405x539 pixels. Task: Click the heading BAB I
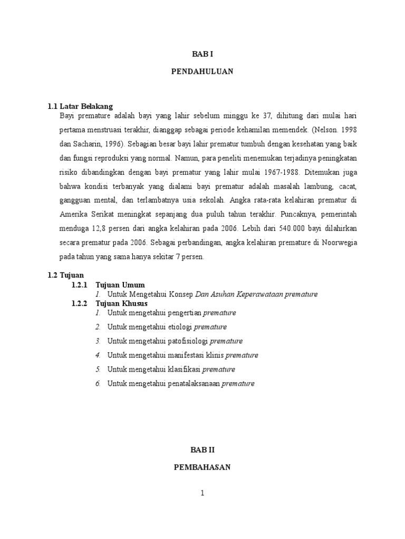(x=202, y=54)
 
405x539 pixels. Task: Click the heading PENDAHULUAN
(x=202, y=72)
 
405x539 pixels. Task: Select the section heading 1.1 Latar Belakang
(x=80, y=106)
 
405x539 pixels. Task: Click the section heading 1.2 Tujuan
(x=62, y=275)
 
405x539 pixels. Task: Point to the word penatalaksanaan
(x=193, y=384)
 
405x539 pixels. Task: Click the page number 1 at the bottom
(x=202, y=493)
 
